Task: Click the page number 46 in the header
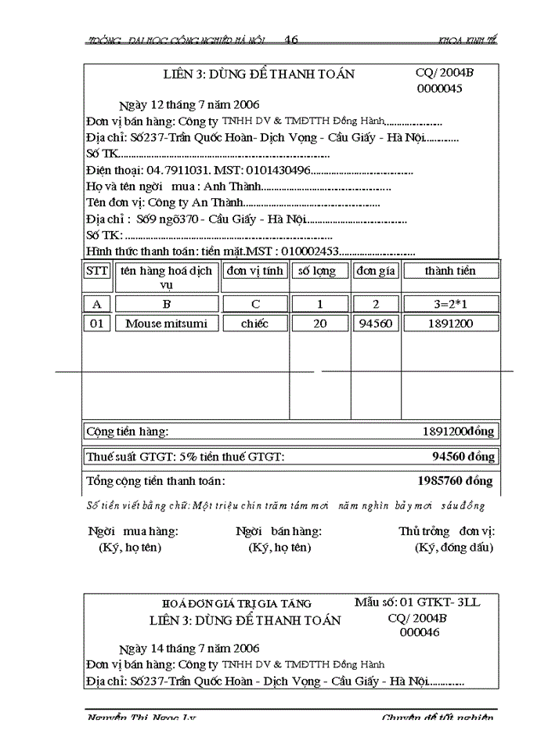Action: tap(291, 40)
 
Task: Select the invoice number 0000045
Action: tap(439, 89)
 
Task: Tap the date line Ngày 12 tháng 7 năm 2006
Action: tap(189, 104)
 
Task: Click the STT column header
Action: tap(97, 271)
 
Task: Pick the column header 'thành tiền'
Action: tap(449, 271)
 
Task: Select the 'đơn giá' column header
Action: tap(377, 271)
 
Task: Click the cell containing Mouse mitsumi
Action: tap(167, 323)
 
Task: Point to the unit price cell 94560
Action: tap(377, 323)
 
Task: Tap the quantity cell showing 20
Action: tap(320, 323)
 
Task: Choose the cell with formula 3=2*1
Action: tap(449, 303)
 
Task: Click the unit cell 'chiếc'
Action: tap(254, 323)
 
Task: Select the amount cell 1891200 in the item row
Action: tap(449, 323)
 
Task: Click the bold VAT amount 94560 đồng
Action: tap(463, 456)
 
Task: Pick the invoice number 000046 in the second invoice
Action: tap(420, 632)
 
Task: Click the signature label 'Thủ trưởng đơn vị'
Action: tap(445, 531)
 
